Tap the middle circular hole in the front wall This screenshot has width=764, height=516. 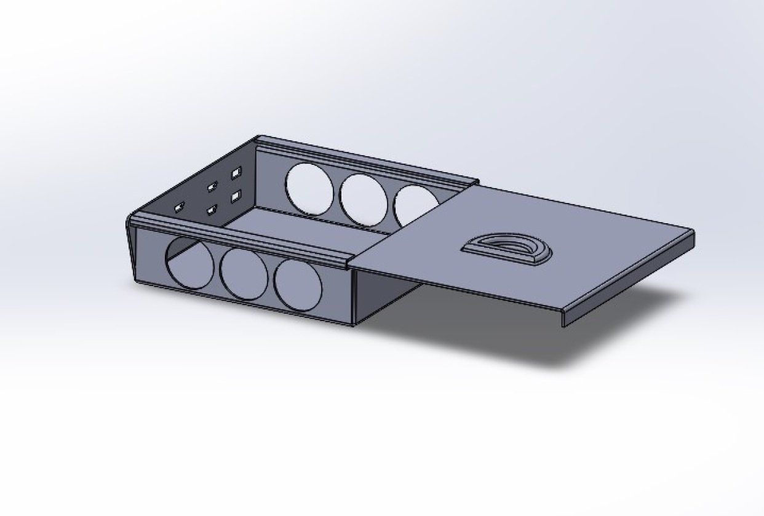tap(244, 274)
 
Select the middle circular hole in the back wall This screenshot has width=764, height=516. tap(364, 198)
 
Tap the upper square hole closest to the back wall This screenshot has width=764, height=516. tap(235, 175)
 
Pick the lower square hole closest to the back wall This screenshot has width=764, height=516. tap(235, 197)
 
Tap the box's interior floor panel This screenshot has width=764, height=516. tap(308, 224)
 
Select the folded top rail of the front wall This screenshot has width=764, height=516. tap(240, 236)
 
